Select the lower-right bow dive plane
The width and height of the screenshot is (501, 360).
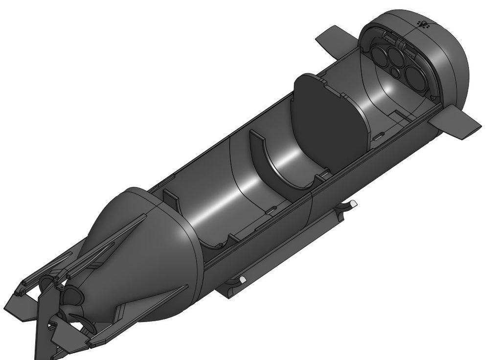459,123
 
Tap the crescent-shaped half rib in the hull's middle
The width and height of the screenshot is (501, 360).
274,161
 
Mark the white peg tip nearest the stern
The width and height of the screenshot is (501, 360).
242,279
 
